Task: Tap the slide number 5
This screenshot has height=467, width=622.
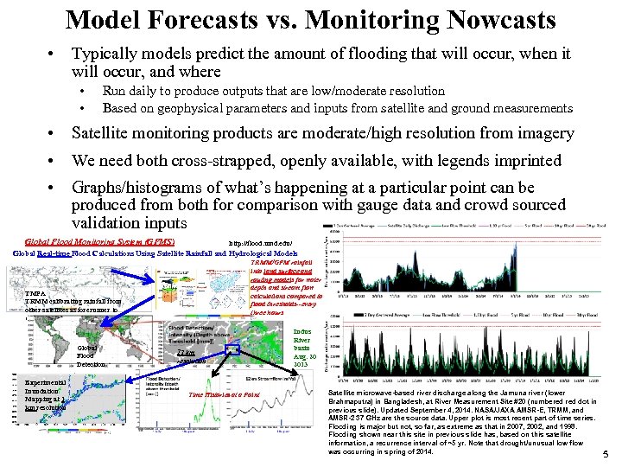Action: coord(605,454)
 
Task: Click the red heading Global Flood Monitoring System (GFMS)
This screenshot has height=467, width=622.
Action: coord(101,242)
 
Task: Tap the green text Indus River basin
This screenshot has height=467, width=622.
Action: coord(307,343)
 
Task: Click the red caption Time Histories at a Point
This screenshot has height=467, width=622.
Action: coord(225,393)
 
